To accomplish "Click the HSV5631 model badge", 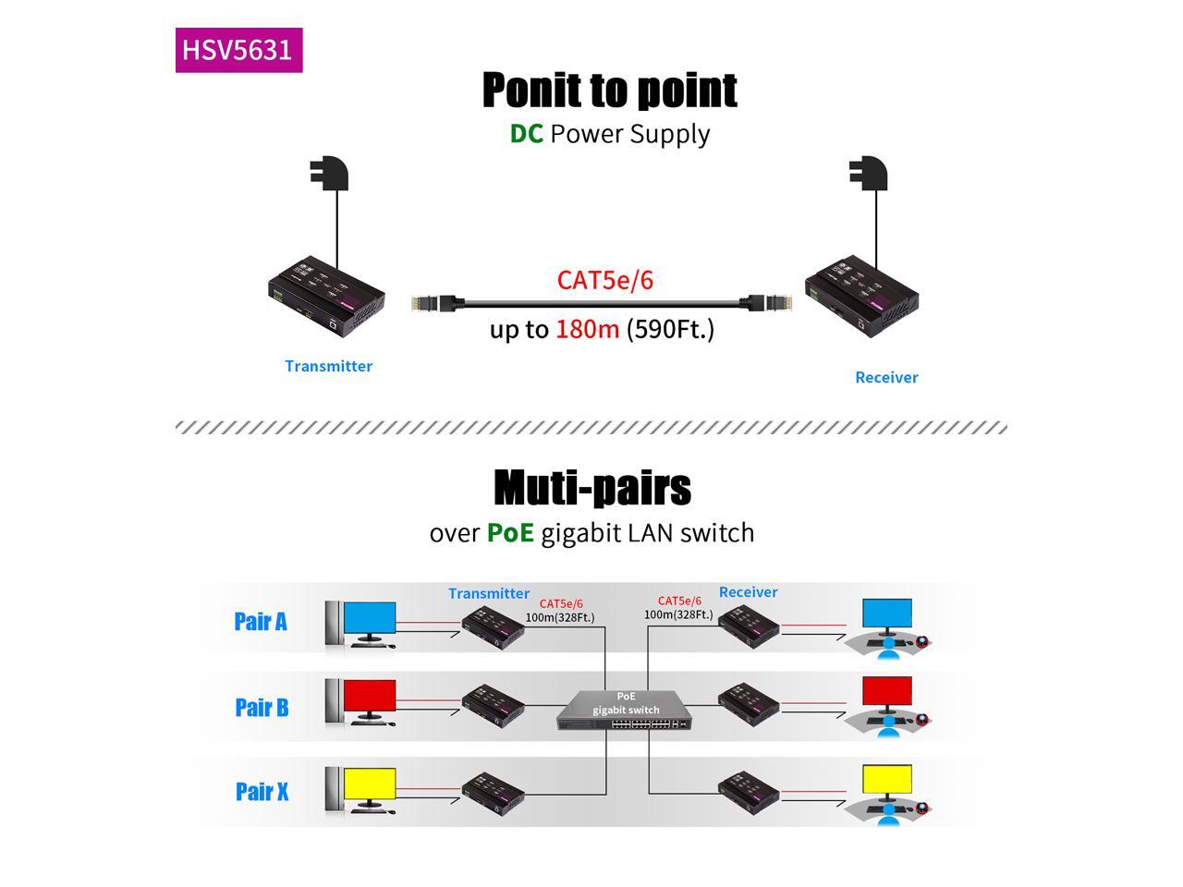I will coord(238,50).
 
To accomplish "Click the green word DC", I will coord(526,133).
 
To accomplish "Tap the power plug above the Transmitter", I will coord(330,175).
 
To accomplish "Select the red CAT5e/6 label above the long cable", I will coord(604,280).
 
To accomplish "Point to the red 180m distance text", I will coord(587,329).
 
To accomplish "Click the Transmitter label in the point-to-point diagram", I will coord(328,366).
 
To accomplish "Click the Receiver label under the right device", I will coord(886,377).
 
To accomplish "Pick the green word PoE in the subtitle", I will coord(510,533).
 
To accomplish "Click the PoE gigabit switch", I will coord(625,711).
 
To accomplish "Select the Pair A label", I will coord(261,621).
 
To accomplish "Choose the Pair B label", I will coord(262,707).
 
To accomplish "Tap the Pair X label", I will coord(262,792).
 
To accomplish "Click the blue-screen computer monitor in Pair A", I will coord(369,619).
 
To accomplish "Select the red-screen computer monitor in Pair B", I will coord(369,698).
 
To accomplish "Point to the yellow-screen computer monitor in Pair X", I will coord(369,785).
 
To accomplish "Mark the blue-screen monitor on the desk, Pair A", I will coord(887,614).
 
